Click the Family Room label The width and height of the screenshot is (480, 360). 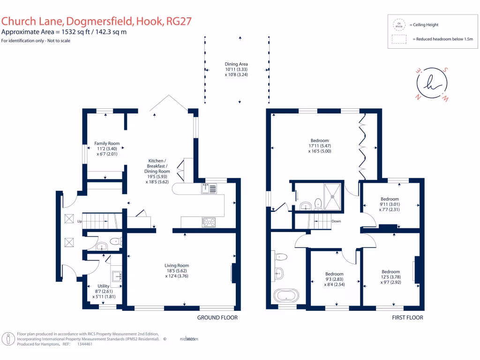point(107,143)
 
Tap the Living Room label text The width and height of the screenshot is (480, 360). point(177,265)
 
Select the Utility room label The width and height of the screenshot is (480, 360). point(104,286)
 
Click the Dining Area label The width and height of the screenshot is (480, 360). point(236,64)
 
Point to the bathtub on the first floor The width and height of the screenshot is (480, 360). point(285,296)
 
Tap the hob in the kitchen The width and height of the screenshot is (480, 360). point(209,222)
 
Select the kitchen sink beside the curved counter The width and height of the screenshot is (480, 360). point(209,188)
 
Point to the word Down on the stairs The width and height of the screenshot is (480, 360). point(336,221)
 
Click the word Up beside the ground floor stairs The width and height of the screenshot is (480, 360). point(79,221)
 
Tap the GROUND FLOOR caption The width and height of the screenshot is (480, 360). point(217,318)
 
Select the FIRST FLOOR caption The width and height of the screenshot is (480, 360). point(407,318)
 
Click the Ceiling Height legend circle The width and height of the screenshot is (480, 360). point(399,25)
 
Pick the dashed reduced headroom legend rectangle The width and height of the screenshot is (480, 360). point(399,40)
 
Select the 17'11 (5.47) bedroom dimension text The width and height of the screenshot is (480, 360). point(319,146)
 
